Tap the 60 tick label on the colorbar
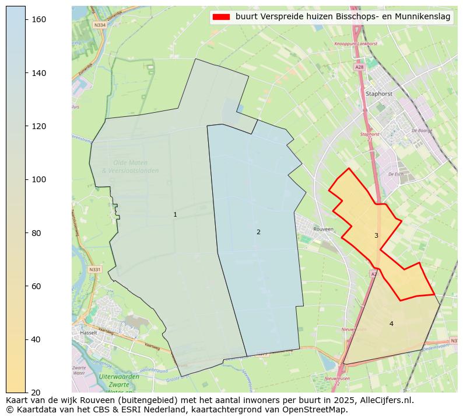tap(38, 286)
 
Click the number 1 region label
tap(175, 215)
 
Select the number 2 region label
tap(258, 232)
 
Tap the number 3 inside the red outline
tap(376, 236)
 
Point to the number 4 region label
tap(391, 324)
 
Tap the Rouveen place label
tap(323, 230)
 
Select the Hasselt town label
tap(89, 333)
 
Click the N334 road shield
tap(100, 25)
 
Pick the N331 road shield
tap(95, 269)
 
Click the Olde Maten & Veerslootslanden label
tap(130, 166)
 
